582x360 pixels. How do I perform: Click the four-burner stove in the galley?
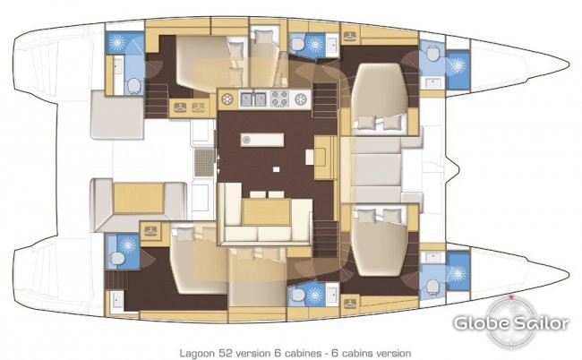(x=279, y=99)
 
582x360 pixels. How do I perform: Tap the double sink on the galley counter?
(x=254, y=99)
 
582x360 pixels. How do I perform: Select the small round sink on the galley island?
(x=246, y=140)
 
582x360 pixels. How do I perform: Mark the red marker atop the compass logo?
(x=511, y=297)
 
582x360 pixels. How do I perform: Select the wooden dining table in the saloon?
(x=266, y=212)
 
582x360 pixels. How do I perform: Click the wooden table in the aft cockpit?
(x=139, y=198)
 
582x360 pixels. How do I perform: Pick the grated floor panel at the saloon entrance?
(x=204, y=163)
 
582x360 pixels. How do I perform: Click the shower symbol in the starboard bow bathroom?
(x=458, y=274)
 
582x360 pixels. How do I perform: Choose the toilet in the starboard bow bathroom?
(x=432, y=287)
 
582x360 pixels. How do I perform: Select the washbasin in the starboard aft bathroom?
(x=117, y=299)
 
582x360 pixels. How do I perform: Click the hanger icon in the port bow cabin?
(x=349, y=37)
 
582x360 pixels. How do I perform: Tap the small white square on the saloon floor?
(x=276, y=169)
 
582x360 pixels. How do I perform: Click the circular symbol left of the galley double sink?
(x=227, y=99)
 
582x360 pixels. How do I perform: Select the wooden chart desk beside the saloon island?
(x=325, y=158)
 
